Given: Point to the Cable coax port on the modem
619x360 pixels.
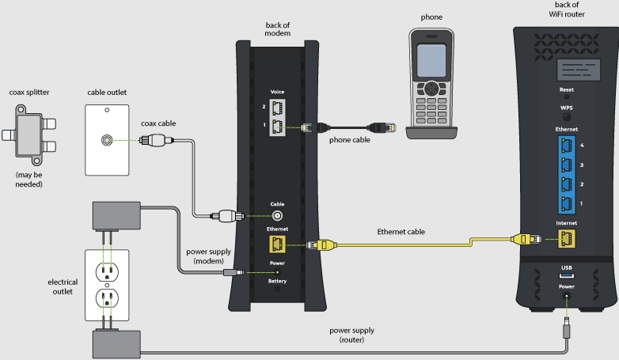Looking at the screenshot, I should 278,214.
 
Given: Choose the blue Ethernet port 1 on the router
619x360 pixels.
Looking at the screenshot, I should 567,205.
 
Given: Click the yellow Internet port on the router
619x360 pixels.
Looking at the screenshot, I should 567,237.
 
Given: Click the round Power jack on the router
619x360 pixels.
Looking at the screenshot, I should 567,298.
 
